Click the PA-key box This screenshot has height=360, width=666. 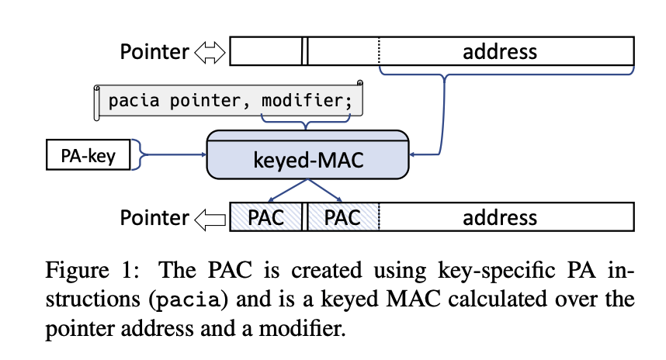pos(88,155)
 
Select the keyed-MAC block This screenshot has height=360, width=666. pos(308,154)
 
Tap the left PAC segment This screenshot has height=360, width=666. pos(266,217)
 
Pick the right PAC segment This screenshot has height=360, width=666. pos(343,217)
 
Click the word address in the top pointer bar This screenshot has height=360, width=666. pos(500,52)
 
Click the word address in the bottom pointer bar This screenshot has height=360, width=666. pos(500,218)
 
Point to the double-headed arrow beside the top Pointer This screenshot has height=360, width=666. pos(210,53)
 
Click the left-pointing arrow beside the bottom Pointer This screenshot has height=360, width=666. pos(210,220)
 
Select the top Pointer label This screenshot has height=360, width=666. pos(154,52)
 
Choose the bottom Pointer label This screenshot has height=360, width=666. pos(154,218)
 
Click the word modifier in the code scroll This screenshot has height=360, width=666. pos(307,101)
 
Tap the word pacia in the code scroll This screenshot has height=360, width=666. pos(134,101)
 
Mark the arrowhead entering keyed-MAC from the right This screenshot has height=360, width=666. pos(412,154)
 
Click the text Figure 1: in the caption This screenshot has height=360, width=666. pos(92,270)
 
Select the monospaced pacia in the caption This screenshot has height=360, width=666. pos(188,299)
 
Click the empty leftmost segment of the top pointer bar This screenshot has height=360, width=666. pos(266,51)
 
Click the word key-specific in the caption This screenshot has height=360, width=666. pos(497,271)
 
